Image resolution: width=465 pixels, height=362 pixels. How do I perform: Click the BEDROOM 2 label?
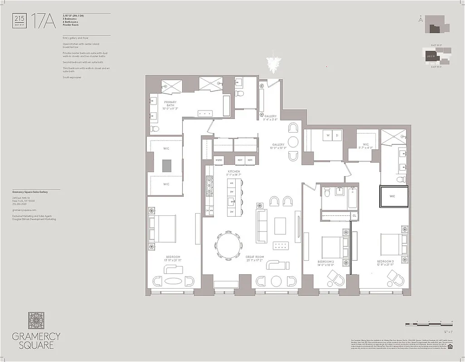click(x=328, y=263)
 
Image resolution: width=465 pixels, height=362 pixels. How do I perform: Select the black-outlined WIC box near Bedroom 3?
click(x=394, y=196)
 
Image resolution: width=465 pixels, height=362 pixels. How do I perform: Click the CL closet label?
click(x=354, y=216)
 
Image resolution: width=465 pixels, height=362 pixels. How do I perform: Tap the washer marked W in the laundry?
click(x=328, y=135)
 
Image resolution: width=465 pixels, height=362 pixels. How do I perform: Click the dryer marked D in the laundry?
click(x=337, y=135)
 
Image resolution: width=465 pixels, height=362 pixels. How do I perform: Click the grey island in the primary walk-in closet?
click(x=165, y=166)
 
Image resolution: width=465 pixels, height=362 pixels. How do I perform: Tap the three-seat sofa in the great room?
click(x=262, y=225)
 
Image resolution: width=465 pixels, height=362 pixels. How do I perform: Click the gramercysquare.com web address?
click(x=22, y=210)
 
